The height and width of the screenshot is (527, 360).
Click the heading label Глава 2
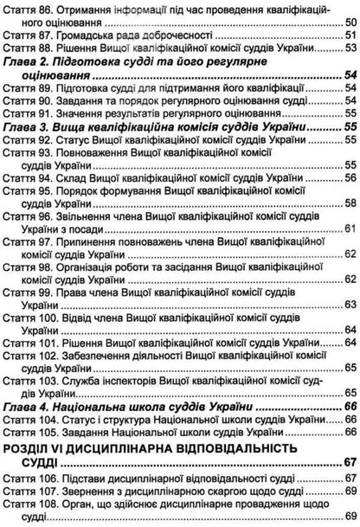26,61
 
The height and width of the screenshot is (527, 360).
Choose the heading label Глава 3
26,126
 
